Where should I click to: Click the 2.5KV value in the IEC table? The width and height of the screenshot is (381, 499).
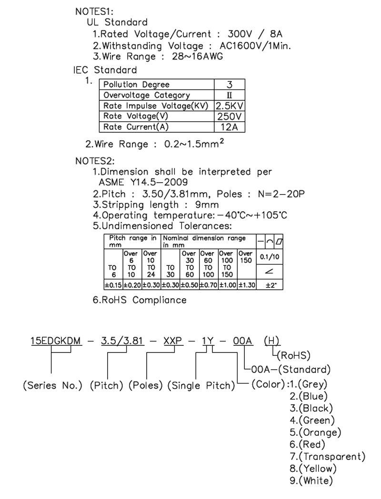pyautogui.click(x=230, y=106)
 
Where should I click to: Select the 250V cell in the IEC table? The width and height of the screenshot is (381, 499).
pyautogui.click(x=230, y=116)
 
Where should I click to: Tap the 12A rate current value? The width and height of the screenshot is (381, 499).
pyautogui.click(x=230, y=127)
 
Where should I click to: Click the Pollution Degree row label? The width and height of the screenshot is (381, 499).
pyautogui.click(x=130, y=85)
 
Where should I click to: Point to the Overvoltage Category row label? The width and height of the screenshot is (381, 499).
pyautogui.click(x=147, y=95)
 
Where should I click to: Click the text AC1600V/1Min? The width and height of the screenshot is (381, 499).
pyautogui.click(x=261, y=46)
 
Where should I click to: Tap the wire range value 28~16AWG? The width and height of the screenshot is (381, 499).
pyautogui.click(x=195, y=57)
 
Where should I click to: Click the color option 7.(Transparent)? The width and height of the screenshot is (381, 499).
pyautogui.click(x=328, y=457)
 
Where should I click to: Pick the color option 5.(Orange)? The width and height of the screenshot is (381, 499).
pyautogui.click(x=315, y=432)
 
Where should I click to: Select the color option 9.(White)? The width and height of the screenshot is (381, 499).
pyautogui.click(x=311, y=481)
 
